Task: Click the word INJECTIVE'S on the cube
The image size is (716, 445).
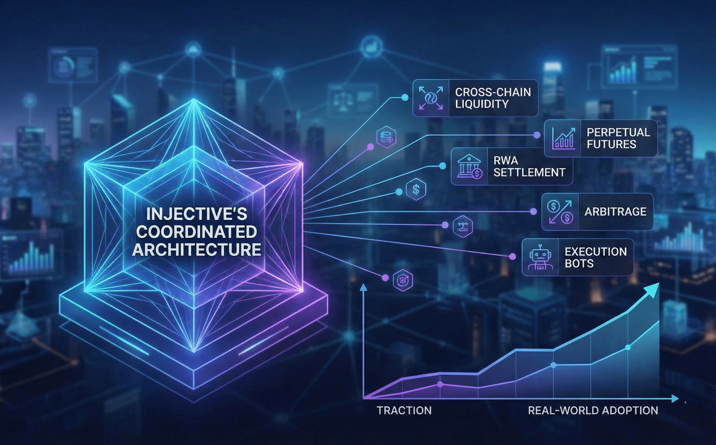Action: [x=196, y=214]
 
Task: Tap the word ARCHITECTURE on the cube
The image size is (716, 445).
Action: [x=196, y=249]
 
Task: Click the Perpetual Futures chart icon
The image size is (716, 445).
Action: [x=563, y=138]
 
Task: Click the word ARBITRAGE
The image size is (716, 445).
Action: [x=615, y=212]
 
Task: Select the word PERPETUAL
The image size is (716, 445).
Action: [x=618, y=133]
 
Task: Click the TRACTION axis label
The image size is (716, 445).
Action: [x=404, y=410]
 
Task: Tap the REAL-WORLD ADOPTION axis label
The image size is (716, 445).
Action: [x=593, y=410]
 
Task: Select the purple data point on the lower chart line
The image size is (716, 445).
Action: [x=440, y=384]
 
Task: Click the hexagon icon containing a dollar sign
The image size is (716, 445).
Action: [x=416, y=190]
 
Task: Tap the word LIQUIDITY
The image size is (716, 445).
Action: [x=482, y=104]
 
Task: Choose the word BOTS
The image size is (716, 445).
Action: [x=579, y=263]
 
